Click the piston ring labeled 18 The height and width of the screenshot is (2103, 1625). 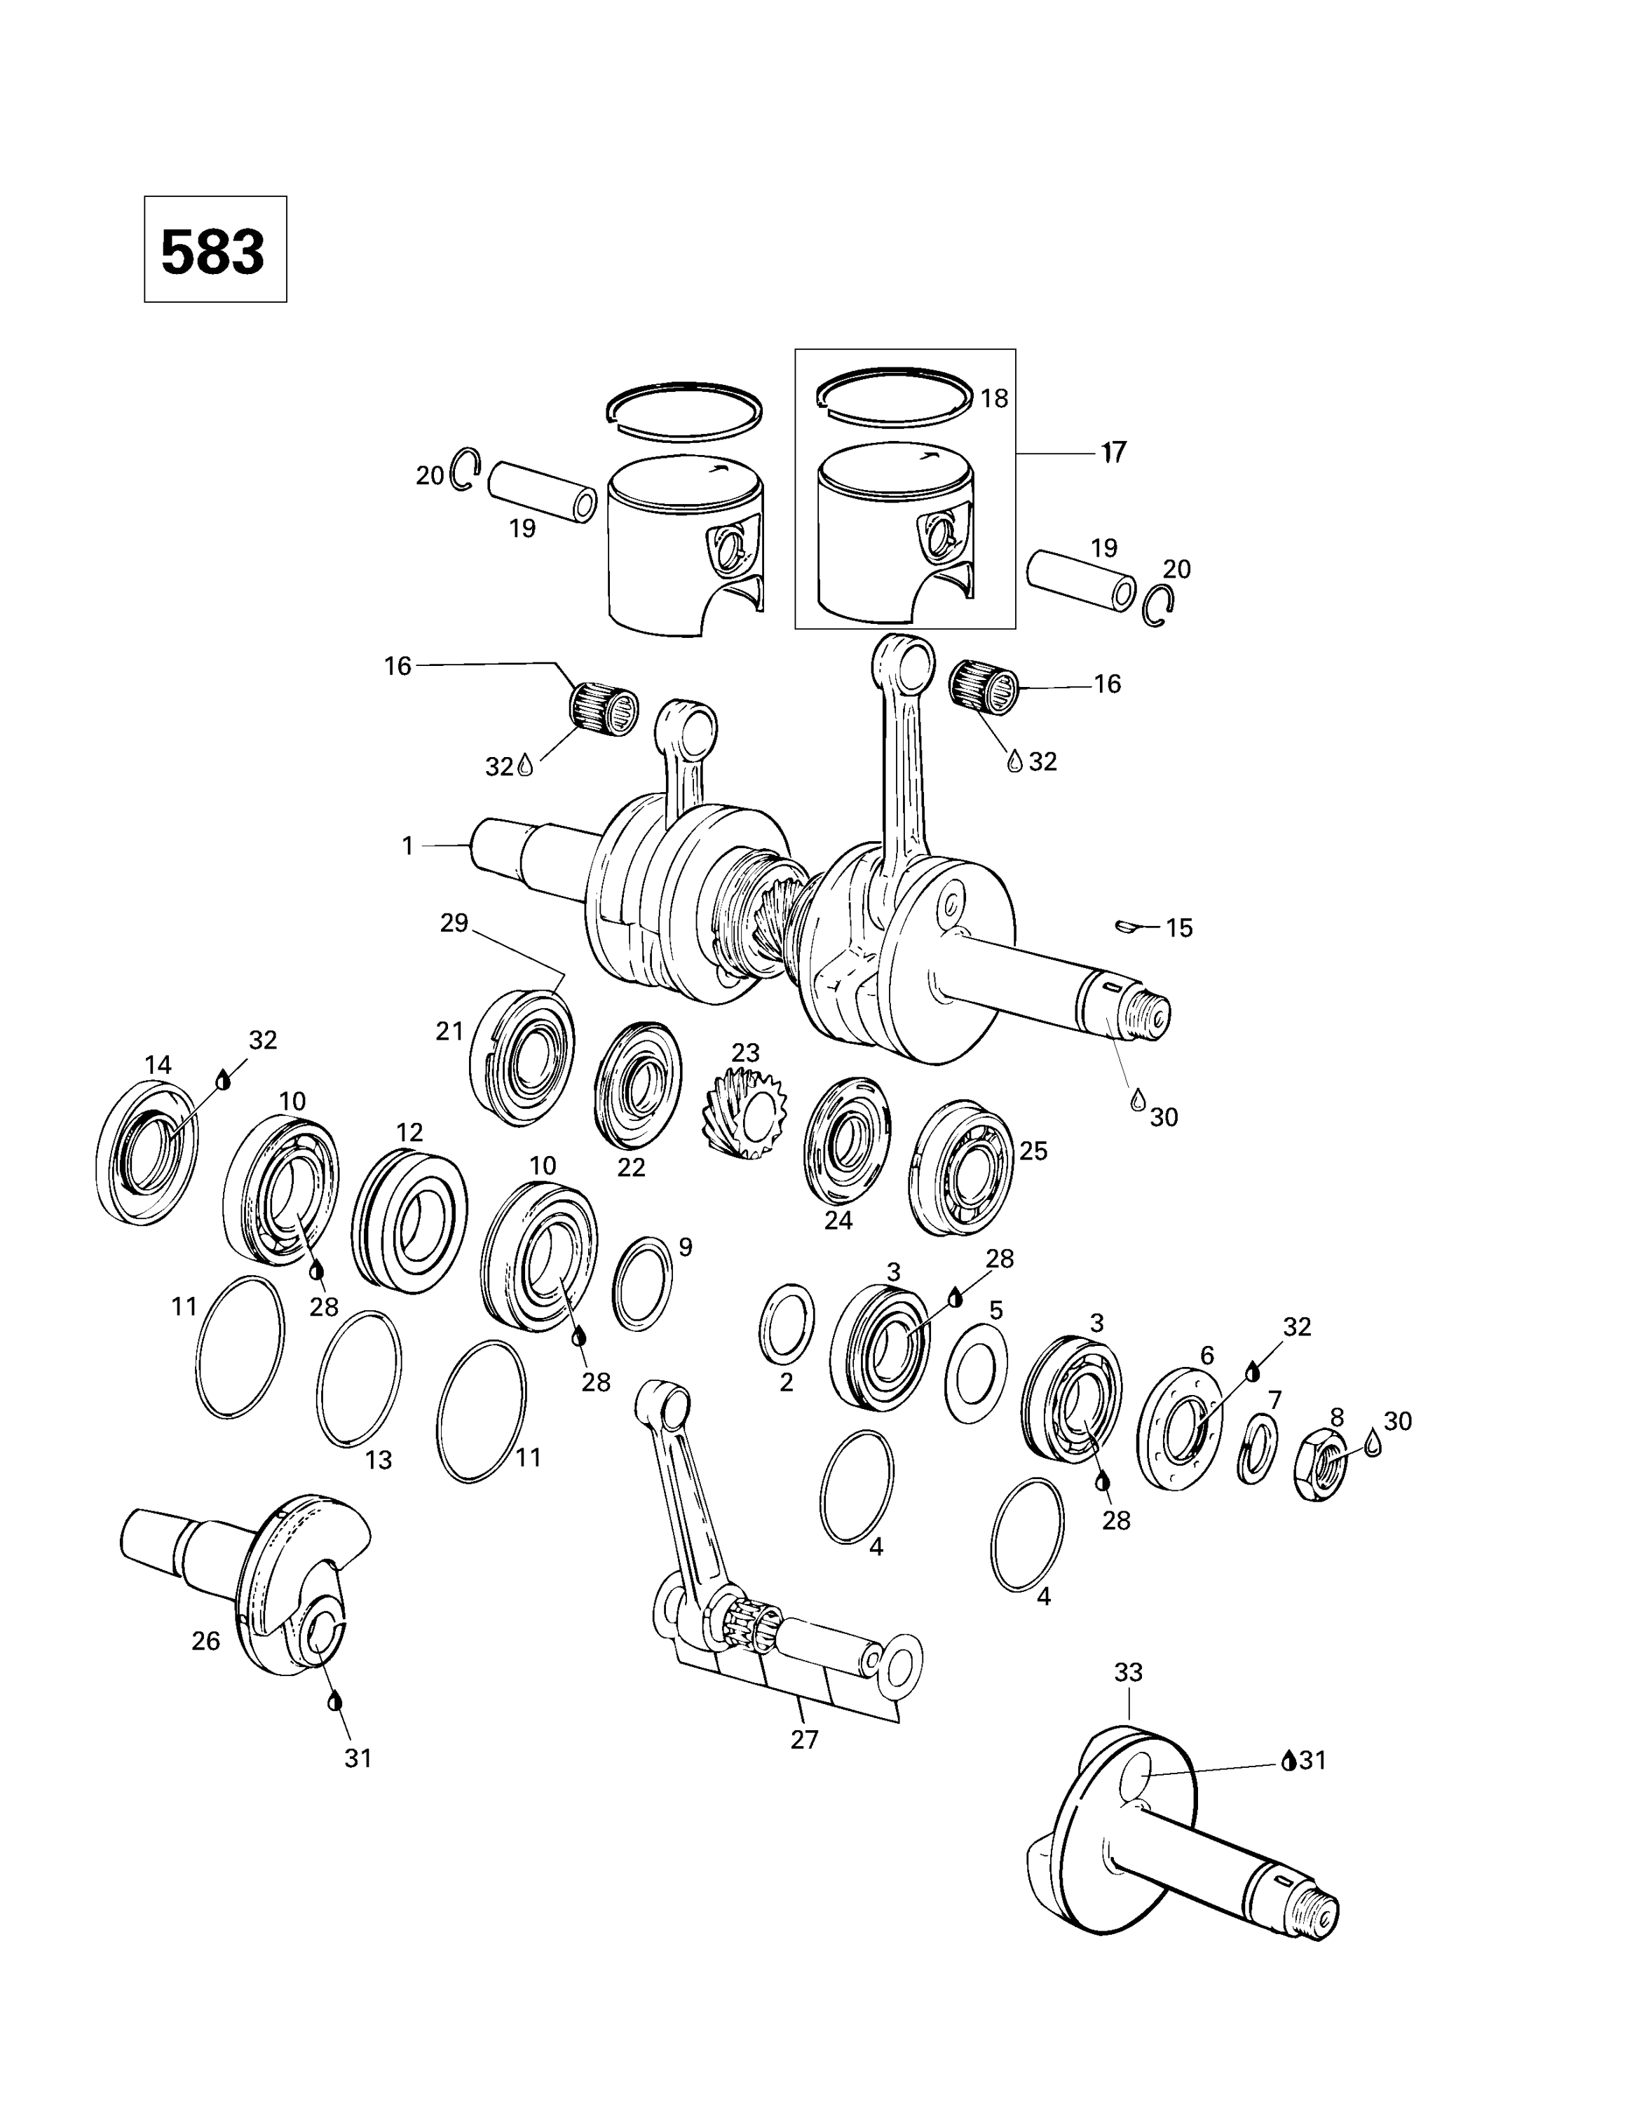[893, 394]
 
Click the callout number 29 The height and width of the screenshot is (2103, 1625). [454, 923]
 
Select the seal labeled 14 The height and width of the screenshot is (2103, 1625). [147, 1152]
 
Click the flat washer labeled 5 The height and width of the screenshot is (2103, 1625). [976, 1372]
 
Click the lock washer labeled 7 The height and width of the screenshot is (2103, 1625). [1257, 1448]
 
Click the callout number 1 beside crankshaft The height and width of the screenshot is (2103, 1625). [407, 845]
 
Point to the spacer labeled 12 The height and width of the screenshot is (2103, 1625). [409, 1219]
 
